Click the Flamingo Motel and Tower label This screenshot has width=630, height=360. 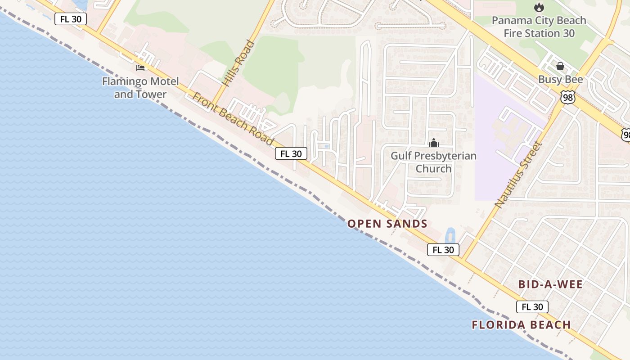(x=140, y=88)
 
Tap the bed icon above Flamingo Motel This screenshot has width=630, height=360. (x=140, y=68)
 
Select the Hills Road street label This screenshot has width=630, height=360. (x=238, y=63)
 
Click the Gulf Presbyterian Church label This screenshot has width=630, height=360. (x=433, y=162)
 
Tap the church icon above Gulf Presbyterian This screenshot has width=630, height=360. (x=434, y=143)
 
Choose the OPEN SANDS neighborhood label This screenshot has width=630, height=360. (x=387, y=224)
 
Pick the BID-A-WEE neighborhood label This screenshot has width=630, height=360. (x=550, y=284)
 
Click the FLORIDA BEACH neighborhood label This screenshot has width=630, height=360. (x=521, y=324)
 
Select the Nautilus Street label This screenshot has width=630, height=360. (x=519, y=175)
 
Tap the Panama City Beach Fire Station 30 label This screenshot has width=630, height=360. (x=539, y=27)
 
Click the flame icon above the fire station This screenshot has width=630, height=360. (x=539, y=7)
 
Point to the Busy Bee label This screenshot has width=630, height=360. (x=560, y=80)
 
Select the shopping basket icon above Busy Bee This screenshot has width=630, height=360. (x=560, y=67)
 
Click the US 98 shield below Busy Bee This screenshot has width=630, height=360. (x=568, y=97)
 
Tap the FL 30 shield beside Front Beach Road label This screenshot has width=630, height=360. (x=291, y=154)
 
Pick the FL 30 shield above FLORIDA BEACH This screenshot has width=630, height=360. (x=532, y=307)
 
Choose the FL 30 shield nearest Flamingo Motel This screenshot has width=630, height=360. (x=71, y=19)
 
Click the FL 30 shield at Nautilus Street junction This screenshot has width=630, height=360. (x=443, y=250)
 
